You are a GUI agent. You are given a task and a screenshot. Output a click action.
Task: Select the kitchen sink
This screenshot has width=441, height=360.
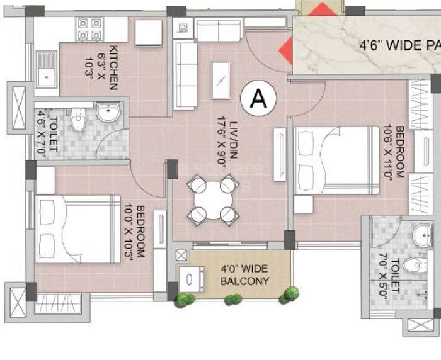[45, 69]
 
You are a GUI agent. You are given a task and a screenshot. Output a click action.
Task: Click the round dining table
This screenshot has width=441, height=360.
[213, 200]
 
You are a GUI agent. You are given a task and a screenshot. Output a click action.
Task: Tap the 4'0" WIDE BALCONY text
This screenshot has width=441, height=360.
[244, 275]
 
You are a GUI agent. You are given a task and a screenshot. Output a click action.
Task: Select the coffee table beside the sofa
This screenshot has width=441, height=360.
[220, 80]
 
